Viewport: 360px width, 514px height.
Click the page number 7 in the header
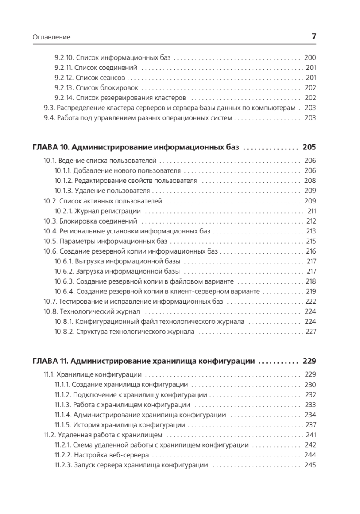pyautogui.click(x=314, y=37)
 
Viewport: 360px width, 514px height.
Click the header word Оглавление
pyautogui.click(x=51, y=38)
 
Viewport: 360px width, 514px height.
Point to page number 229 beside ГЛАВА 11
pyautogui.click(x=309, y=361)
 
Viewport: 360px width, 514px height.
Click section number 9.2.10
pyautogui.click(x=64, y=57)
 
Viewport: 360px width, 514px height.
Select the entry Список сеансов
pyautogui.click(x=100, y=78)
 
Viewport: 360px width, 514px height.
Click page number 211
pyautogui.click(x=312, y=211)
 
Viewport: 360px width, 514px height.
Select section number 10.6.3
pyautogui.click(x=64, y=281)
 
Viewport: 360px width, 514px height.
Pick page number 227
pyautogui.click(x=310, y=332)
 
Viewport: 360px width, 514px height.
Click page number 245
pyautogui.click(x=310, y=465)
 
